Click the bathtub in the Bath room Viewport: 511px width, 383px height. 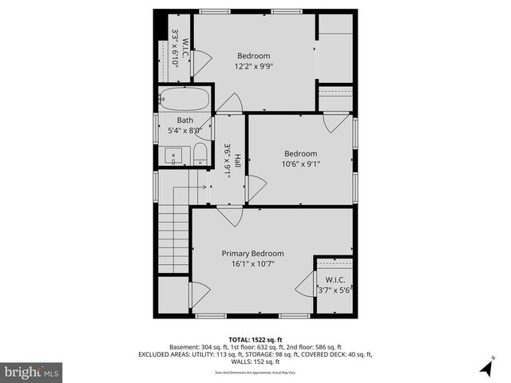184,100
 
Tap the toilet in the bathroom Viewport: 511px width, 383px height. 200,154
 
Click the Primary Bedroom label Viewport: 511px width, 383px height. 252,254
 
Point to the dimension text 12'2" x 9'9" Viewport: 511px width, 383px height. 253,67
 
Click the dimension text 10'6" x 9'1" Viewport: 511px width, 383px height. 301,165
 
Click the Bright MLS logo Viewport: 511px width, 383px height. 32,372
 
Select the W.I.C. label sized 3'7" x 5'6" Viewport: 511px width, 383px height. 333,280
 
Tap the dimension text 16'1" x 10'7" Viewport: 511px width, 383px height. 252,264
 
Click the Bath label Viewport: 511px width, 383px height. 185,120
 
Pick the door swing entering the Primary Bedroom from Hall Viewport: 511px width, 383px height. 229,216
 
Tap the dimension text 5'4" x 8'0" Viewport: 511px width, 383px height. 185,131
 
